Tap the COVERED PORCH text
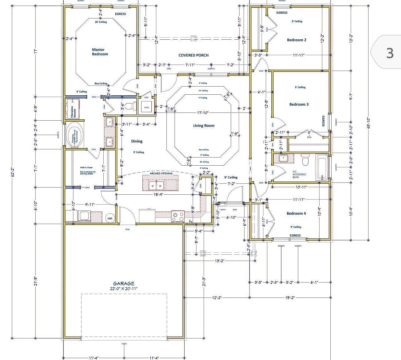point(193,55)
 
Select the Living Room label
point(204,126)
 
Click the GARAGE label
point(124,283)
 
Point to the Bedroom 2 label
point(296,40)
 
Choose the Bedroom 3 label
point(299,104)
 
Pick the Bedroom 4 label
point(296,213)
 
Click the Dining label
point(137,141)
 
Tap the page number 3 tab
point(389,53)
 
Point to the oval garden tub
point(74,135)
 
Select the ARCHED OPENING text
point(159,173)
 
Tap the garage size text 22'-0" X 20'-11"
point(124,288)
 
